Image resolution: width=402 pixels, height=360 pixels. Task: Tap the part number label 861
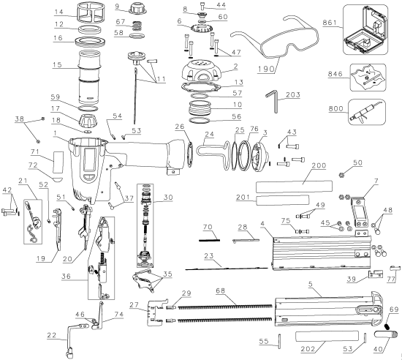[330, 24]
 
